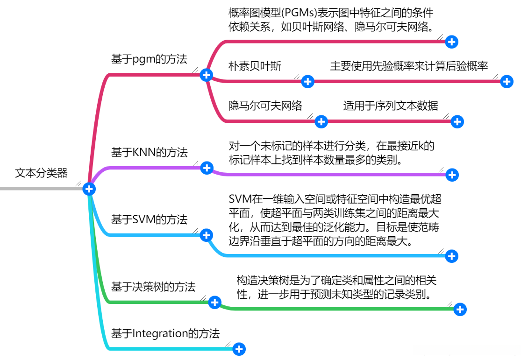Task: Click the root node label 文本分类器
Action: pyautogui.click(x=41, y=173)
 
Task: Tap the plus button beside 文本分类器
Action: pyautogui.click(x=89, y=189)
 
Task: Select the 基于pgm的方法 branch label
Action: pyautogui.click(x=149, y=59)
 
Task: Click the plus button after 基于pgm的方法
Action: pyautogui.click(x=206, y=75)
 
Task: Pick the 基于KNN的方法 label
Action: pyautogui.click(x=149, y=152)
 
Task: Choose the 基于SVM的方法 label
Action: pyautogui.click(x=149, y=219)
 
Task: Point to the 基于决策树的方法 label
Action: pyautogui.click(x=153, y=287)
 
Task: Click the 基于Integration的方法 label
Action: pyautogui.click(x=165, y=333)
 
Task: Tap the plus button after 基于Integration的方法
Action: pyautogui.click(x=239, y=349)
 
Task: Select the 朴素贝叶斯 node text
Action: pyautogui.click(x=255, y=66)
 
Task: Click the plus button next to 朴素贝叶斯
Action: pyautogui.click(x=307, y=82)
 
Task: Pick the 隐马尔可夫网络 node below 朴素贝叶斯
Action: pyautogui.click(x=265, y=106)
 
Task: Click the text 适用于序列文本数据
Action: pyautogui.click(x=390, y=106)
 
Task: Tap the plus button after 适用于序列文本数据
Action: pyautogui.click(x=457, y=122)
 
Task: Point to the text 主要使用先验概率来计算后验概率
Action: pyautogui.click(x=409, y=66)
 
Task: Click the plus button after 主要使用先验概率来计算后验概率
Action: pyautogui.click(x=507, y=82)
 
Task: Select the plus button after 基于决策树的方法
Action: pyautogui.click(x=214, y=303)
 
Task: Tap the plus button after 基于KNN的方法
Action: pyautogui.click(x=207, y=168)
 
